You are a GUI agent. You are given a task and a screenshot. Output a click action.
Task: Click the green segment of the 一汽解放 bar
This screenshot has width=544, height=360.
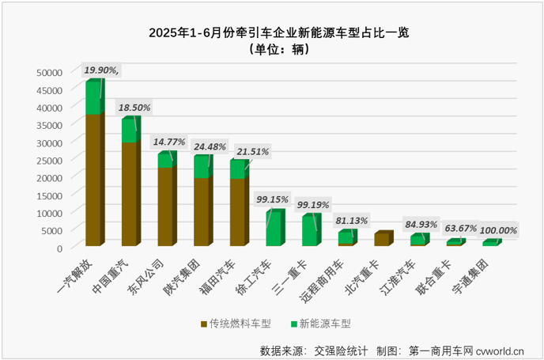94,98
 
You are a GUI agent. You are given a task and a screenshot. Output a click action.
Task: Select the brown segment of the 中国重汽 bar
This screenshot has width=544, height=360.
130,194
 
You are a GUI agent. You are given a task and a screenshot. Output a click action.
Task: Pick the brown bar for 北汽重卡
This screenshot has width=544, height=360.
381,240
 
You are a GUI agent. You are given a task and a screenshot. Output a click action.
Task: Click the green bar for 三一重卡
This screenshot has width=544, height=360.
309,230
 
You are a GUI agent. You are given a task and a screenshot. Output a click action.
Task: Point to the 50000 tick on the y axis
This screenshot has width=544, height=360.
49,72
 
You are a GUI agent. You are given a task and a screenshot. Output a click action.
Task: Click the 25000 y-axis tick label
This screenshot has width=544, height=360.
49,160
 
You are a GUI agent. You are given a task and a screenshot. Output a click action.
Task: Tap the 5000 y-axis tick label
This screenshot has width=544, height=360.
51,230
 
